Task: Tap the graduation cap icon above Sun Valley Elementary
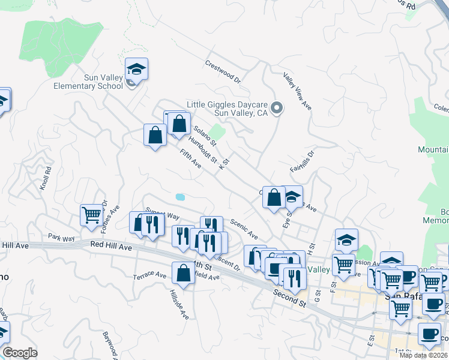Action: (137, 69)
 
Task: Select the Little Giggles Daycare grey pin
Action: (277, 108)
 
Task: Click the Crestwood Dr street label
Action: (223, 71)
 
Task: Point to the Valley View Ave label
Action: (298, 91)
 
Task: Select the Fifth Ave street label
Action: (190, 159)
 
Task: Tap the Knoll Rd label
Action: (47, 178)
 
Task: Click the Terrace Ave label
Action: (149, 275)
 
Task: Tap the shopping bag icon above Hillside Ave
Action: (184, 273)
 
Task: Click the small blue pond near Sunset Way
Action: (180, 197)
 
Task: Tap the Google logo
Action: (20, 353)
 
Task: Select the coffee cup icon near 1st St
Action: (429, 334)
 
